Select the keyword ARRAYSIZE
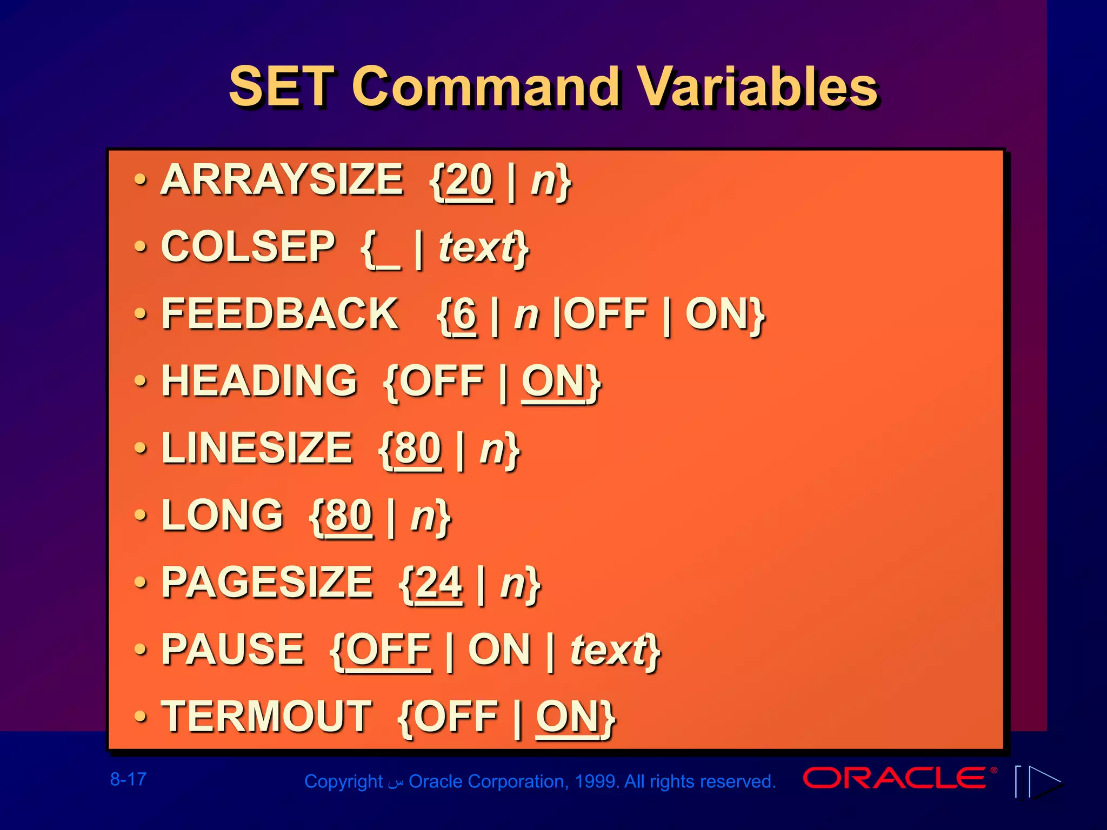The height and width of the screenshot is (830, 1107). [x=282, y=179]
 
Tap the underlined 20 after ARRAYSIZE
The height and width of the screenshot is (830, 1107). [x=469, y=180]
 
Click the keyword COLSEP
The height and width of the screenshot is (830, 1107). [x=248, y=246]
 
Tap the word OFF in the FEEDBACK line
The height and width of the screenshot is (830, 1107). [x=608, y=314]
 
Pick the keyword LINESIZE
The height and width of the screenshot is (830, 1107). [x=257, y=448]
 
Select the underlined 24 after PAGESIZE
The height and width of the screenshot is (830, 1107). [x=439, y=583]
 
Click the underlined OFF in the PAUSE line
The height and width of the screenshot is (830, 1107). [x=388, y=650]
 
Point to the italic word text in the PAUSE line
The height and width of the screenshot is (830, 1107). [x=610, y=650]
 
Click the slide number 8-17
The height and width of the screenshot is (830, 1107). [x=128, y=779]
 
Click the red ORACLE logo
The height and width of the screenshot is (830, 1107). [x=895, y=778]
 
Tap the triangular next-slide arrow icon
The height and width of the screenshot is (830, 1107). [x=1043, y=781]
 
